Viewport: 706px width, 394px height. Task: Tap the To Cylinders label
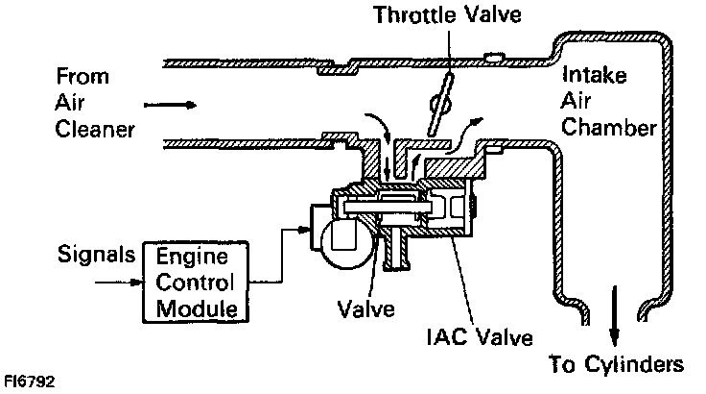(x=616, y=364)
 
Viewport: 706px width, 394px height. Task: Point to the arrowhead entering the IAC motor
(x=308, y=228)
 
